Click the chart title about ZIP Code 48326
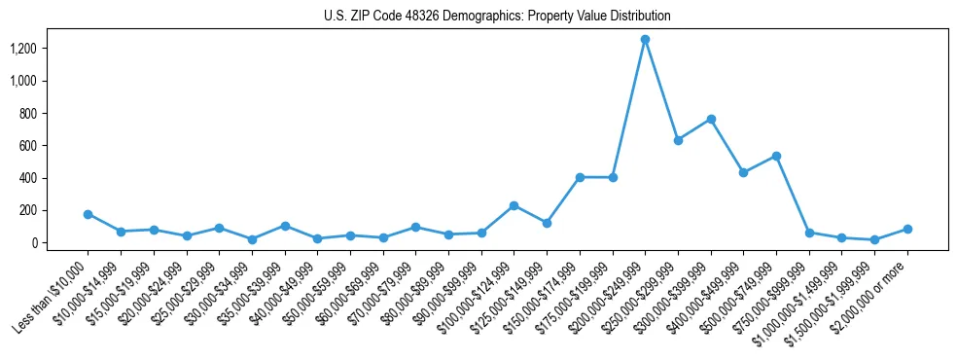click(497, 16)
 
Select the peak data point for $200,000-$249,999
click(645, 40)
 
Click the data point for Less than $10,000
click(88, 214)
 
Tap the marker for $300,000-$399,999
click(711, 119)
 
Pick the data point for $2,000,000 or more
click(907, 229)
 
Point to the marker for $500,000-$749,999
click(776, 156)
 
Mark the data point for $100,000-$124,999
click(514, 205)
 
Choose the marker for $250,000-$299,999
click(678, 140)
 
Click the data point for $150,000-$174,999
click(580, 177)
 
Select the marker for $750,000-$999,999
click(809, 233)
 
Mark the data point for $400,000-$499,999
click(743, 172)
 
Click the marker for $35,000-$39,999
click(284, 226)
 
